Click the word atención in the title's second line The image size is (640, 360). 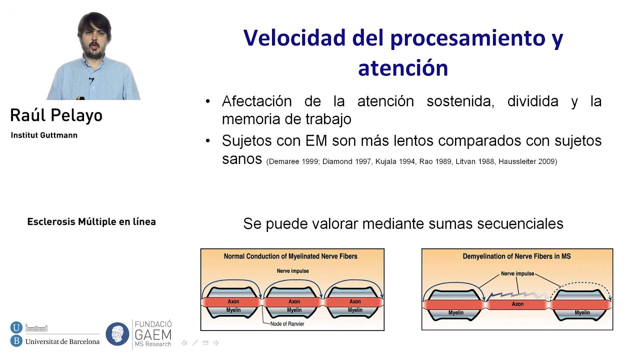(x=403, y=68)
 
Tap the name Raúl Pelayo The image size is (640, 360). (x=56, y=116)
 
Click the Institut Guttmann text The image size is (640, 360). (x=44, y=135)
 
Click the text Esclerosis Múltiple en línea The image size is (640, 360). (x=91, y=221)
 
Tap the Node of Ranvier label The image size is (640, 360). (x=287, y=323)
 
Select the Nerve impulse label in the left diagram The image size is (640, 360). (x=292, y=271)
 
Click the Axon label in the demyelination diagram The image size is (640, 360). (x=517, y=304)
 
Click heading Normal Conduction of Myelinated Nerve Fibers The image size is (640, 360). (x=290, y=256)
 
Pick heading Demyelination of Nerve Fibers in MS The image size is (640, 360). (x=516, y=256)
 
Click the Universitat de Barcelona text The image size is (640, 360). (x=62, y=341)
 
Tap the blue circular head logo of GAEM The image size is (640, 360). (x=117, y=334)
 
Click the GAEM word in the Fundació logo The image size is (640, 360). (x=153, y=334)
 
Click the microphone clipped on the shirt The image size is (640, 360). (x=91, y=80)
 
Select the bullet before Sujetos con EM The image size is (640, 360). (x=208, y=141)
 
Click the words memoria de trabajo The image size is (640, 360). (x=286, y=119)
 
